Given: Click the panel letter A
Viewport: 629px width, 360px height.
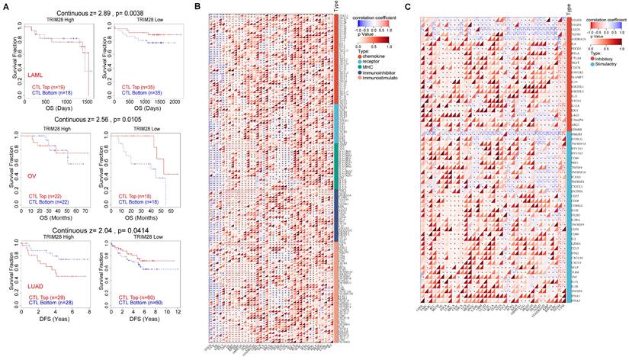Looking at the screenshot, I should (x=6, y=6).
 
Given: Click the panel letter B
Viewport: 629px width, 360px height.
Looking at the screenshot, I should (x=198, y=6).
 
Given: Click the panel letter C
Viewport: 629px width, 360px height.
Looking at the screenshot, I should (x=409, y=6).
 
